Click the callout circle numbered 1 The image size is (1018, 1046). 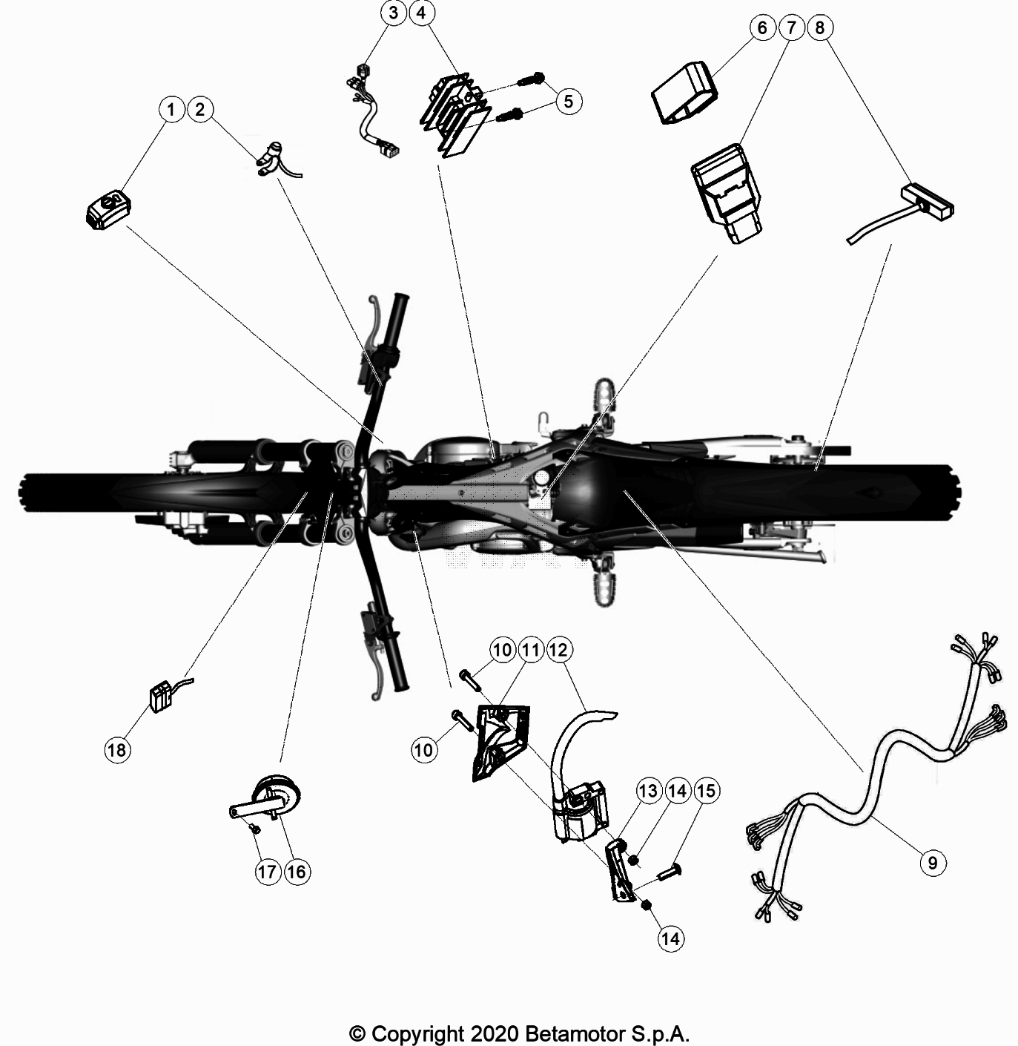[171, 110]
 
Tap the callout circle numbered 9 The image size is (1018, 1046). [932, 862]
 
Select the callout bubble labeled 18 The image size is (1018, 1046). [117, 749]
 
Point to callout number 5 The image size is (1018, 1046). [568, 101]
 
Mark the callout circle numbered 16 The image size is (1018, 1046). [296, 872]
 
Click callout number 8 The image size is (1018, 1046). [819, 28]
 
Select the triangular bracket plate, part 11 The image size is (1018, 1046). [498, 742]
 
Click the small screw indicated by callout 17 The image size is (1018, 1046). [255, 828]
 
